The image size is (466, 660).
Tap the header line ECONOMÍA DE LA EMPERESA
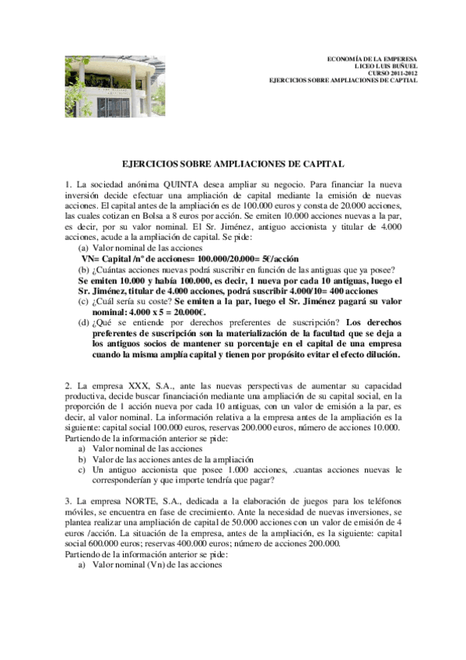click(x=372, y=59)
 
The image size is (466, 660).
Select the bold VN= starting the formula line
click(x=93, y=259)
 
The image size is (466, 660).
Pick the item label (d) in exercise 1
click(x=83, y=322)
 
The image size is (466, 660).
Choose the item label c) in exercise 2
click(x=82, y=470)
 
